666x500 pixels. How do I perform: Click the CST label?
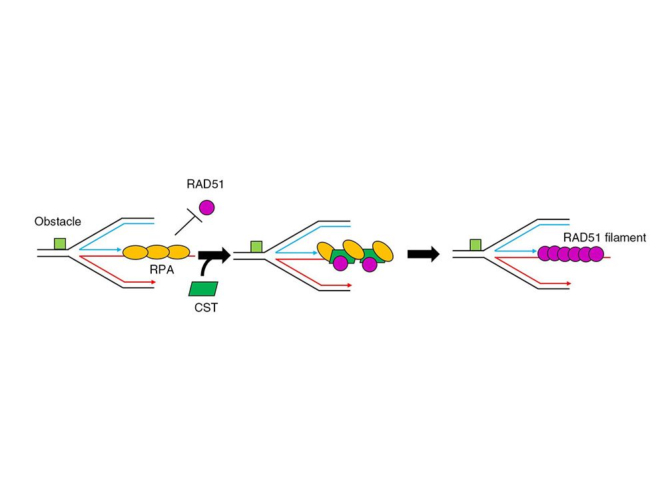pyautogui.click(x=202, y=307)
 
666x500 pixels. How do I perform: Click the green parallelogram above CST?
pyautogui.click(x=204, y=288)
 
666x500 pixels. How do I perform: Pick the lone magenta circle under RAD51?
pyautogui.click(x=206, y=207)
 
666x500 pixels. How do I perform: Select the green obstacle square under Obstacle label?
pyautogui.click(x=60, y=244)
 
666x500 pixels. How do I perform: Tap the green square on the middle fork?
pyautogui.click(x=256, y=247)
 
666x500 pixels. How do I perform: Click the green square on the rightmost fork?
pyautogui.click(x=476, y=245)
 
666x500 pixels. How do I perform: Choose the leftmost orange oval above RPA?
pyautogui.click(x=135, y=253)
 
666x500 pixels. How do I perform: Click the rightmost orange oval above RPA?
pyautogui.click(x=178, y=253)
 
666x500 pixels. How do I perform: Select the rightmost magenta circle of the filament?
pyautogui.click(x=595, y=253)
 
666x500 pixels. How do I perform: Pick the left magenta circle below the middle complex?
pyautogui.click(x=340, y=263)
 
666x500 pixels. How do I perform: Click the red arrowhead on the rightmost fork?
pyautogui.click(x=569, y=283)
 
